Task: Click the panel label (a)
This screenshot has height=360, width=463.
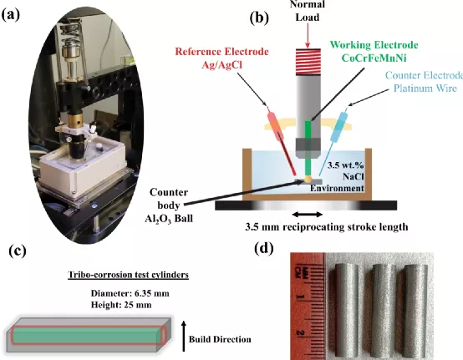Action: point(11,15)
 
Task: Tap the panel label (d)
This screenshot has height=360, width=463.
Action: point(264,248)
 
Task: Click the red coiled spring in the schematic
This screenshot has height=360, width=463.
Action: point(308,61)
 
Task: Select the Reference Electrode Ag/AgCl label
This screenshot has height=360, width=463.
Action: point(221,58)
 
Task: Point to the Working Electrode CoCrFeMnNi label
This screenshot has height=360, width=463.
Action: point(374,51)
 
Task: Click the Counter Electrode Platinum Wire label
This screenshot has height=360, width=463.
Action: point(425,82)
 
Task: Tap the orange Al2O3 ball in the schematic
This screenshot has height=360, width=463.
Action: point(308,179)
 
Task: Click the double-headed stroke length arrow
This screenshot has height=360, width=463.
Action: point(308,215)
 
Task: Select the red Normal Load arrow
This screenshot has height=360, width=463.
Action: point(308,35)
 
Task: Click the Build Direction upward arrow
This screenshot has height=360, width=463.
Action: point(184,336)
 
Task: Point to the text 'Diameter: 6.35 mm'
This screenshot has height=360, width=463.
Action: point(130,293)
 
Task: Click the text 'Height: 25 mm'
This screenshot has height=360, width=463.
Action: point(121,305)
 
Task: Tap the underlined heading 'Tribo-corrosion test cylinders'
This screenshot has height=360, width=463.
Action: point(129,275)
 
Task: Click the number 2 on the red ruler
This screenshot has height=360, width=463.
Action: point(299,332)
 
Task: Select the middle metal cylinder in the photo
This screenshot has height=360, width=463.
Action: point(376,310)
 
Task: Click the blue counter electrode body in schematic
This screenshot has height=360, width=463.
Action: point(338,127)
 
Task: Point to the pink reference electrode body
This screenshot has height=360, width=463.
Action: point(276,127)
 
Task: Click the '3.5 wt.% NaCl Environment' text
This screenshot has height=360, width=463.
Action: point(338,176)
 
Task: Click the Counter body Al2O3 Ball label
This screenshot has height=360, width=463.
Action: point(169,205)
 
